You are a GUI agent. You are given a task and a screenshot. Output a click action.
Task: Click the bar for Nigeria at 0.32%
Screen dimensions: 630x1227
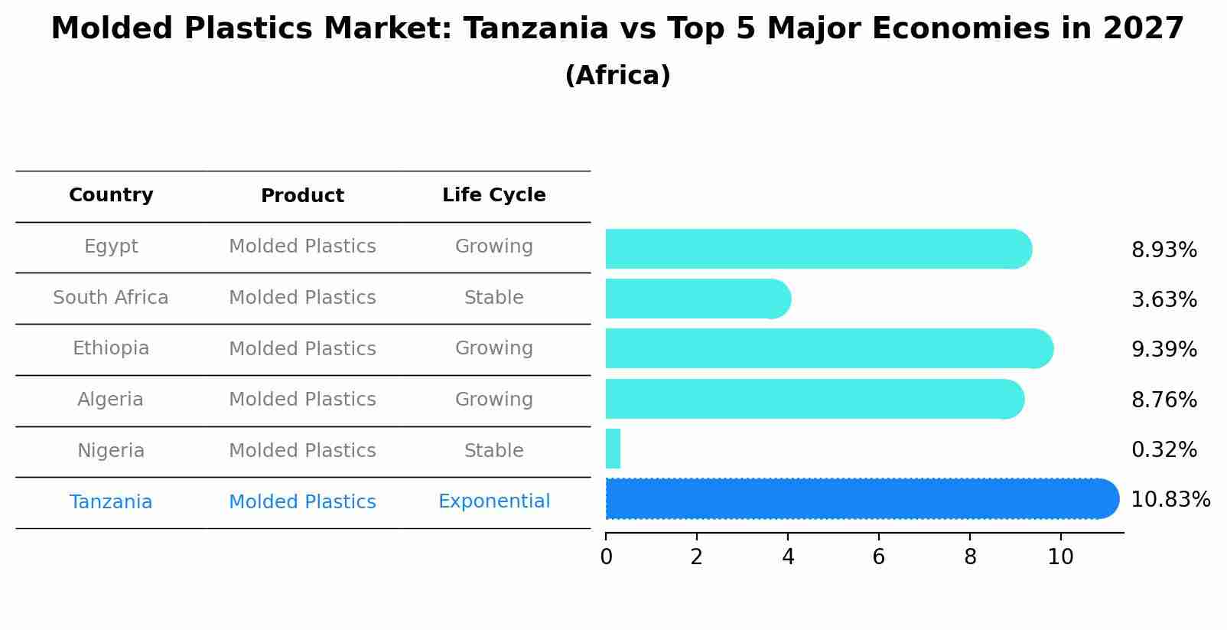pyautogui.click(x=613, y=449)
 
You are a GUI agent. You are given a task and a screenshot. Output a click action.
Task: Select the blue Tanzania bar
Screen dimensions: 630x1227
pyautogui.click(x=857, y=499)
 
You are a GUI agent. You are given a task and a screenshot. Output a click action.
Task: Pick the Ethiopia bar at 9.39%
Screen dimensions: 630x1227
pyautogui.click(x=826, y=348)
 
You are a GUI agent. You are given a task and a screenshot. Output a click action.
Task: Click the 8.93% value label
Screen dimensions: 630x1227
pyautogui.click(x=1164, y=250)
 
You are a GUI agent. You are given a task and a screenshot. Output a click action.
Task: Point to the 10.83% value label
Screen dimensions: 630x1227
pyautogui.click(x=1170, y=500)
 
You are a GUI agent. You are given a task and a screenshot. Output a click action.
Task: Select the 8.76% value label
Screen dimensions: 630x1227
pyautogui.click(x=1164, y=400)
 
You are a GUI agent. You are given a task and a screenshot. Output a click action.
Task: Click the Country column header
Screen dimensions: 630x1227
pyautogui.click(x=111, y=195)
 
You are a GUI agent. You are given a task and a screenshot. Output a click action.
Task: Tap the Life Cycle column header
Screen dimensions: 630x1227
pyautogui.click(x=493, y=195)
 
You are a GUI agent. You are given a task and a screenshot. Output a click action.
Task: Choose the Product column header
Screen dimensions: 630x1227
pyautogui.click(x=302, y=196)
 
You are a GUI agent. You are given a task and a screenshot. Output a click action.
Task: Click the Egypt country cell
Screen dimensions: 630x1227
pyautogui.click(x=111, y=246)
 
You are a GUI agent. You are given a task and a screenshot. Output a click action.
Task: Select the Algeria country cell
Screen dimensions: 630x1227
pyautogui.click(x=110, y=400)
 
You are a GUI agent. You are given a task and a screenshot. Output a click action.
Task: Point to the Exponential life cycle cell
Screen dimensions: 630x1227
pyautogui.click(x=493, y=501)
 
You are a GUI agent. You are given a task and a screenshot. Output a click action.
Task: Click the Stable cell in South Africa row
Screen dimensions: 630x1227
pyautogui.click(x=493, y=298)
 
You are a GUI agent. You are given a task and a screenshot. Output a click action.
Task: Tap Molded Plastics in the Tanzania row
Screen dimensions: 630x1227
pyautogui.click(x=302, y=502)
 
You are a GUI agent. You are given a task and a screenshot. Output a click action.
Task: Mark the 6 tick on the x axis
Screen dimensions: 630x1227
pyautogui.click(x=878, y=557)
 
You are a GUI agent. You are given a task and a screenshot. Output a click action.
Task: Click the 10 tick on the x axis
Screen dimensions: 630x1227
pyautogui.click(x=1060, y=557)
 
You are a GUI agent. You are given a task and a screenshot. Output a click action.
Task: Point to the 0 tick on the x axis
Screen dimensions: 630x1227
pyautogui.click(x=606, y=557)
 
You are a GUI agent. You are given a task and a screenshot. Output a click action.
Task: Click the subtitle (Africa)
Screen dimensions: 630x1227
pyautogui.click(x=617, y=76)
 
